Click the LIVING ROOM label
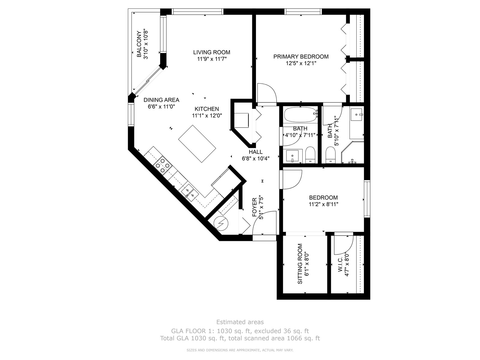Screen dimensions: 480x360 point(212,52)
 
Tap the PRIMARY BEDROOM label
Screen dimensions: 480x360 point(301,57)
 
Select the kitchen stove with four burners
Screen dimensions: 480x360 point(162,166)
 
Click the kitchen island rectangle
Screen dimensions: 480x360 point(197,144)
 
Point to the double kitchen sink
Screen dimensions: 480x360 point(190,192)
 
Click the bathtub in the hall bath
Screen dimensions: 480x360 point(301,115)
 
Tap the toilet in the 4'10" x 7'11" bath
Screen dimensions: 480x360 point(310,155)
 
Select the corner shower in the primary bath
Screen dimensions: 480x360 point(352,152)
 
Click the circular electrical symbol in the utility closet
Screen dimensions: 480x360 point(221,223)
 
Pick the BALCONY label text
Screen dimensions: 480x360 point(139,44)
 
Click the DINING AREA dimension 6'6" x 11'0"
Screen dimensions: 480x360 point(161,107)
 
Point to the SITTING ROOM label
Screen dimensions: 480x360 point(300,264)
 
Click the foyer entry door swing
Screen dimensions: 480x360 point(264,223)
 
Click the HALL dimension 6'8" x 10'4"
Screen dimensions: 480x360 point(256,158)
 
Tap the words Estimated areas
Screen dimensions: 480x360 point(240,322)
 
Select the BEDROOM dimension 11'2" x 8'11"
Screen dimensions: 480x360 point(323,204)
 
